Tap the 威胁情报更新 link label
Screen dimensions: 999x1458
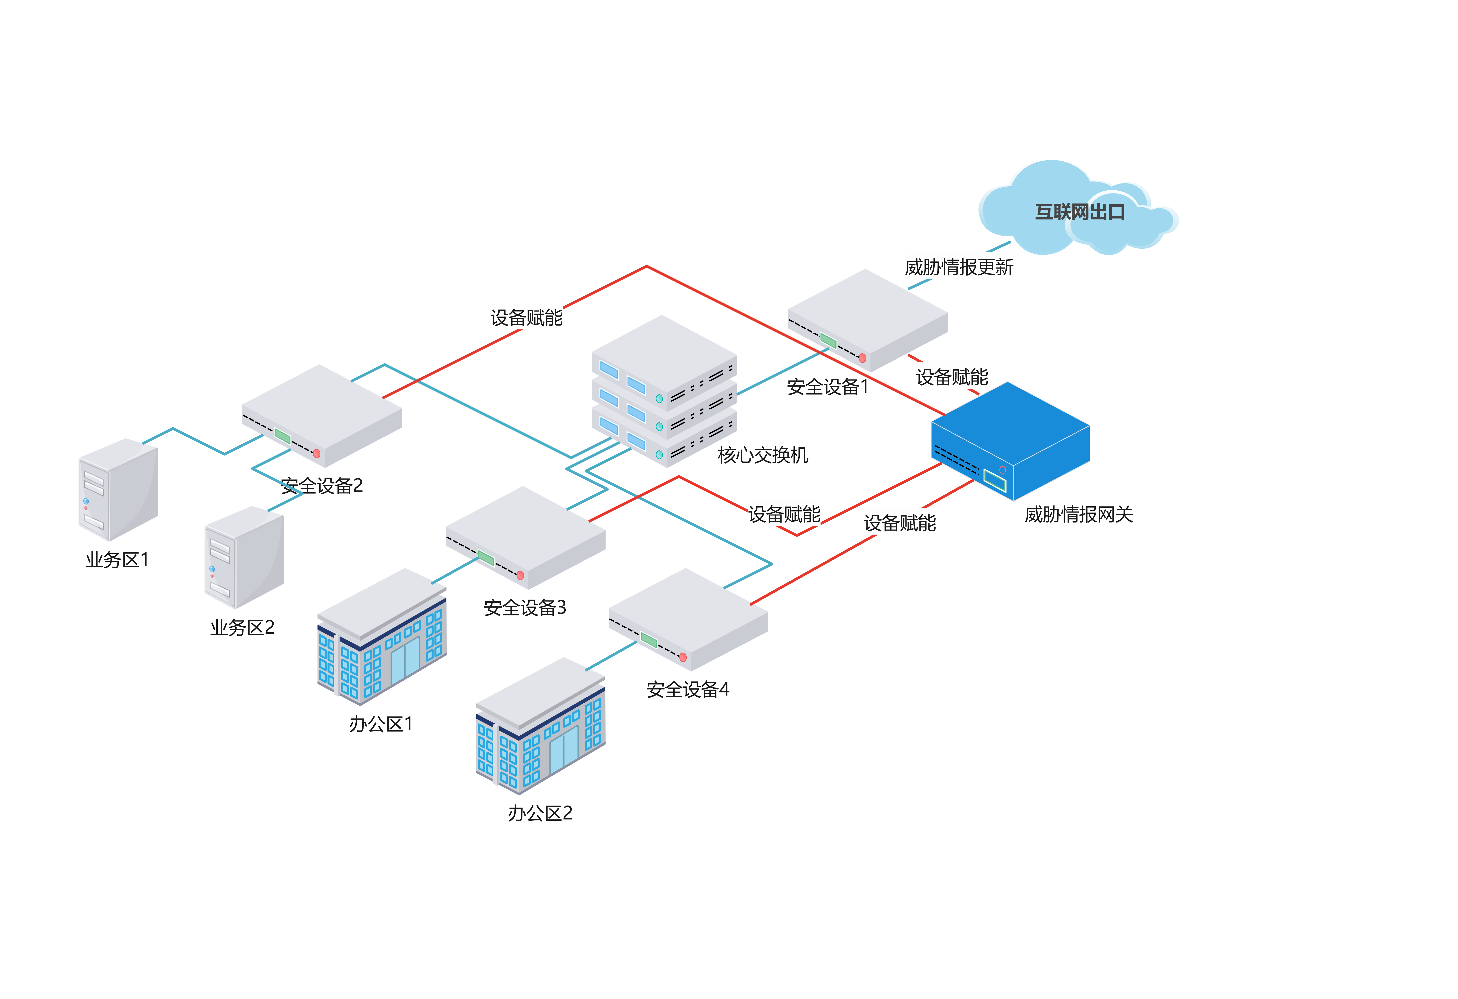(x=959, y=267)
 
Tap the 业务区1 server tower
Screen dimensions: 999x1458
(x=117, y=489)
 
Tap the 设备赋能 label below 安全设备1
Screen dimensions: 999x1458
(x=952, y=376)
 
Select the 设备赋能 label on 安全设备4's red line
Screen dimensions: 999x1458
(x=900, y=522)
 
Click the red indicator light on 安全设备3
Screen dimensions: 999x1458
(x=520, y=575)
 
